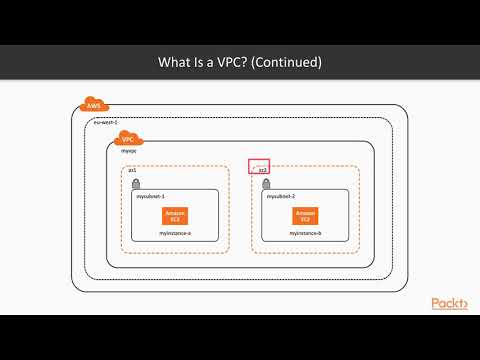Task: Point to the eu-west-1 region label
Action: (x=106, y=122)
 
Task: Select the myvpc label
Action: (x=129, y=152)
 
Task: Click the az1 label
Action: (x=133, y=171)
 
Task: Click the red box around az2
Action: (x=260, y=168)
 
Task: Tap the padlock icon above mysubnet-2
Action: (x=264, y=185)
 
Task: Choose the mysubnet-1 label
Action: (x=151, y=197)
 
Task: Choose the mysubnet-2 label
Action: (x=282, y=197)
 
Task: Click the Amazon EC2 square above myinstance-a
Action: (x=176, y=215)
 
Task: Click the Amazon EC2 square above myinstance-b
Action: (x=306, y=215)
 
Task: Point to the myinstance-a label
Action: (x=176, y=232)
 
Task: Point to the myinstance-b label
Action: (x=306, y=232)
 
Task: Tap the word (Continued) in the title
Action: (x=287, y=62)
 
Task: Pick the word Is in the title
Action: (x=203, y=62)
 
